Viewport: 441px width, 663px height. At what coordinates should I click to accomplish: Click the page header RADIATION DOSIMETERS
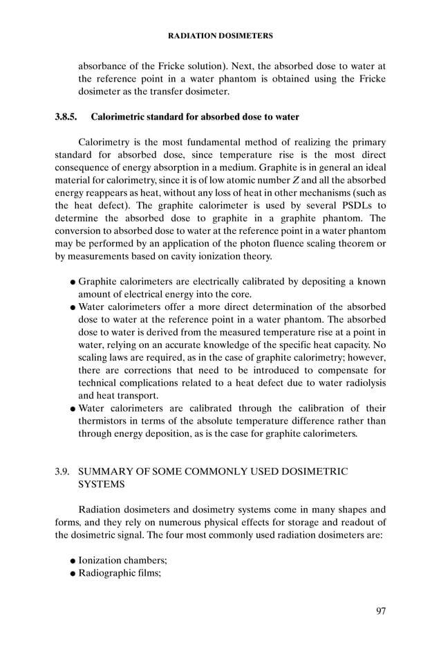coord(220,34)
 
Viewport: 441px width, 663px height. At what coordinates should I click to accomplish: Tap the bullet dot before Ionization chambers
coord(73,560)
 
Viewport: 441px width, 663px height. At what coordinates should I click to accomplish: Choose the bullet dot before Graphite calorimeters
coord(73,282)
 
